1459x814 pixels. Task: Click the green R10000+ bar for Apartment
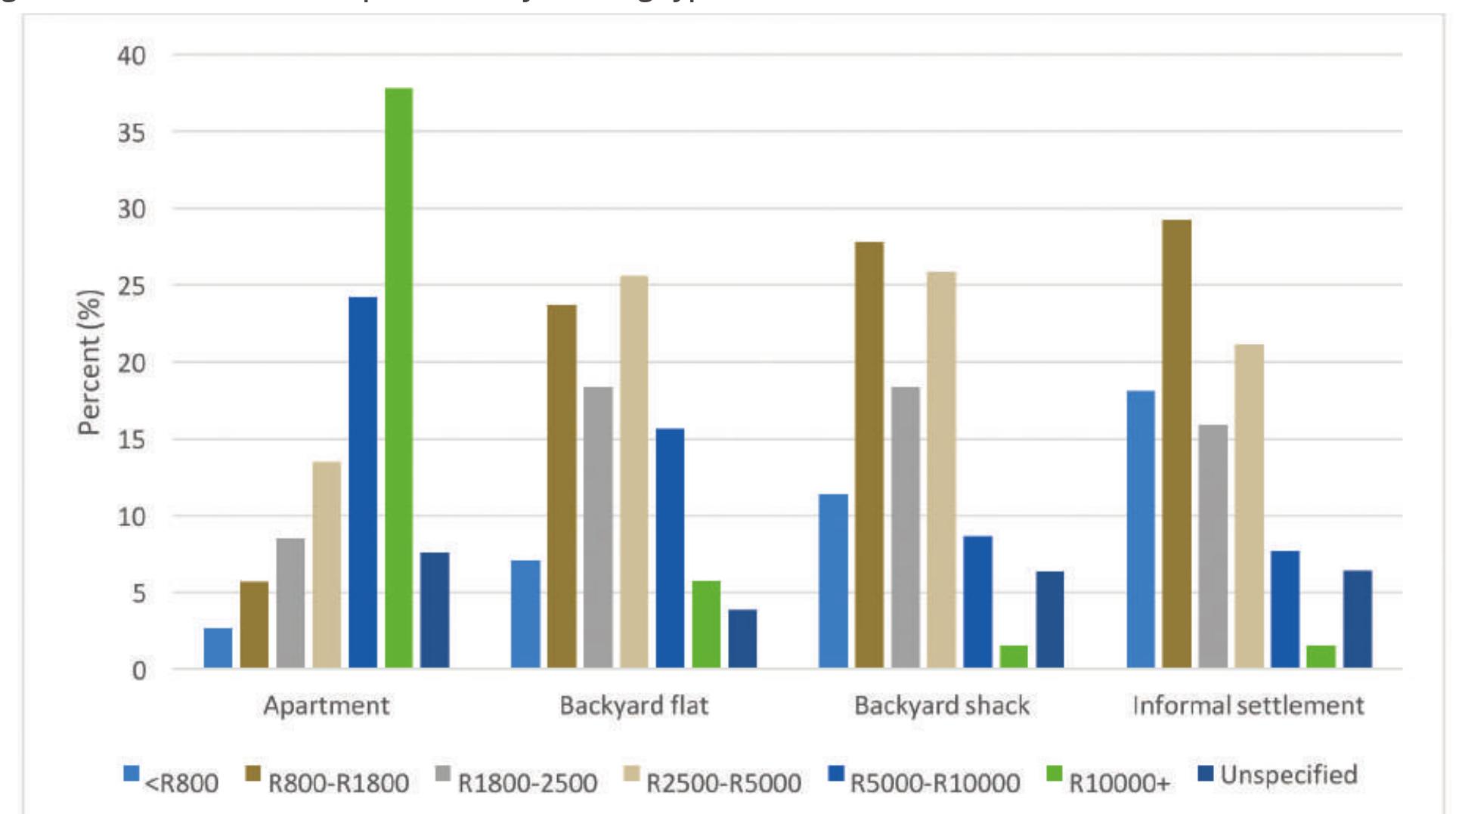pyautogui.click(x=398, y=378)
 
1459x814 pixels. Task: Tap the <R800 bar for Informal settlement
pyautogui.click(x=1141, y=529)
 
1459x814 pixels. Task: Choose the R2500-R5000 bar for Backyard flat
pyautogui.click(x=634, y=472)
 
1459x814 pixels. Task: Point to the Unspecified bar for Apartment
pyautogui.click(x=435, y=610)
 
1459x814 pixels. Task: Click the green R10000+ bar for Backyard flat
pyautogui.click(x=706, y=624)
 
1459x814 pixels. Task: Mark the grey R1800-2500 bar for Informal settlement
pyautogui.click(x=1213, y=546)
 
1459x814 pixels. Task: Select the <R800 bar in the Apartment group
pyautogui.click(x=218, y=648)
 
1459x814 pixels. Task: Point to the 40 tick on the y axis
pyautogui.click(x=132, y=55)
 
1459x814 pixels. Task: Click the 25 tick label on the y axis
pyautogui.click(x=132, y=286)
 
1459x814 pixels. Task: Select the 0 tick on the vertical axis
pyautogui.click(x=139, y=670)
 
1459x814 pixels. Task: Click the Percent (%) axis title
pyautogui.click(x=89, y=362)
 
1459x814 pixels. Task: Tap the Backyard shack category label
pyautogui.click(x=941, y=706)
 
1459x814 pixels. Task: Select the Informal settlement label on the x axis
pyautogui.click(x=1248, y=706)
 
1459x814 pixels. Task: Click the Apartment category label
pyautogui.click(x=327, y=706)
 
